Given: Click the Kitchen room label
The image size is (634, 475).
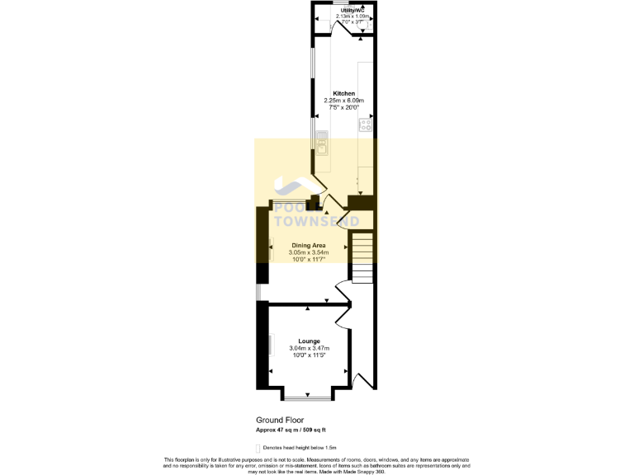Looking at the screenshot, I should (x=344, y=93).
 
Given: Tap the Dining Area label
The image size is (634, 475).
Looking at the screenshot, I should (x=309, y=246).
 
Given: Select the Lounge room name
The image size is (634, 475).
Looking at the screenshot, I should (x=309, y=341).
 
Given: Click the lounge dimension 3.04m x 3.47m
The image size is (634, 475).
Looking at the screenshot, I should (x=309, y=348).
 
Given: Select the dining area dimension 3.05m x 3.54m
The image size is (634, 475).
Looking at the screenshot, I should (x=309, y=253).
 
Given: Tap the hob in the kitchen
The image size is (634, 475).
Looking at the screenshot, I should (x=364, y=126).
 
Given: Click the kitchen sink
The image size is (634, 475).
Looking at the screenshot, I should (x=319, y=146).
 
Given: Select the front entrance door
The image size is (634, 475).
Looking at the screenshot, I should (x=360, y=379).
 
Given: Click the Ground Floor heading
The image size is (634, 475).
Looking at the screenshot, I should (x=279, y=420).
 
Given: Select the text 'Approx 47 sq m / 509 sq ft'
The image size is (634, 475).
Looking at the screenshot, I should (x=291, y=430).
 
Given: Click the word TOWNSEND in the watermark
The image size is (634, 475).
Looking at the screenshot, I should (x=316, y=222).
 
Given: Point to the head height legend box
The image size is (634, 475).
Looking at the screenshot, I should (x=258, y=448).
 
